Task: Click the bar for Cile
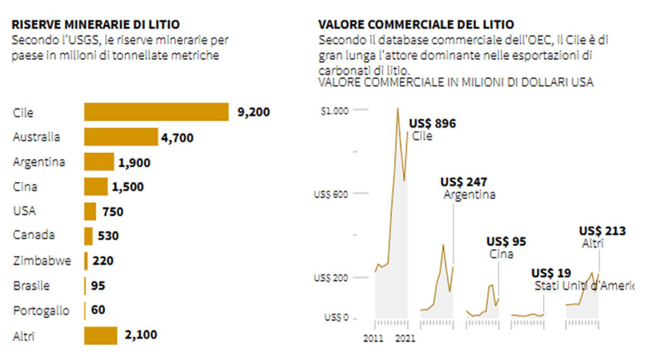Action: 156,112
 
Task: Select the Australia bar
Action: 121,137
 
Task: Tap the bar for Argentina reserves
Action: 99,162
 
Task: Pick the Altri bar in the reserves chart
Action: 100,335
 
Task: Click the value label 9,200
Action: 254,112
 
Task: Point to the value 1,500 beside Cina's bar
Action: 128,187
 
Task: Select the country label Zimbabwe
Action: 42,261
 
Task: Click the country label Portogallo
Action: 41,310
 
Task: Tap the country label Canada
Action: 34,235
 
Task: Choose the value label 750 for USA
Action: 113,212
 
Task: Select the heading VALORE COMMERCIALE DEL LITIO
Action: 416,25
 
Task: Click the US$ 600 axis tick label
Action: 331,194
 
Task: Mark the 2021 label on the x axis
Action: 406,338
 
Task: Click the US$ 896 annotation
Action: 432,124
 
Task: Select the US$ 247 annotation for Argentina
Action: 464,181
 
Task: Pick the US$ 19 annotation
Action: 551,273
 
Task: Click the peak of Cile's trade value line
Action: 398,108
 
